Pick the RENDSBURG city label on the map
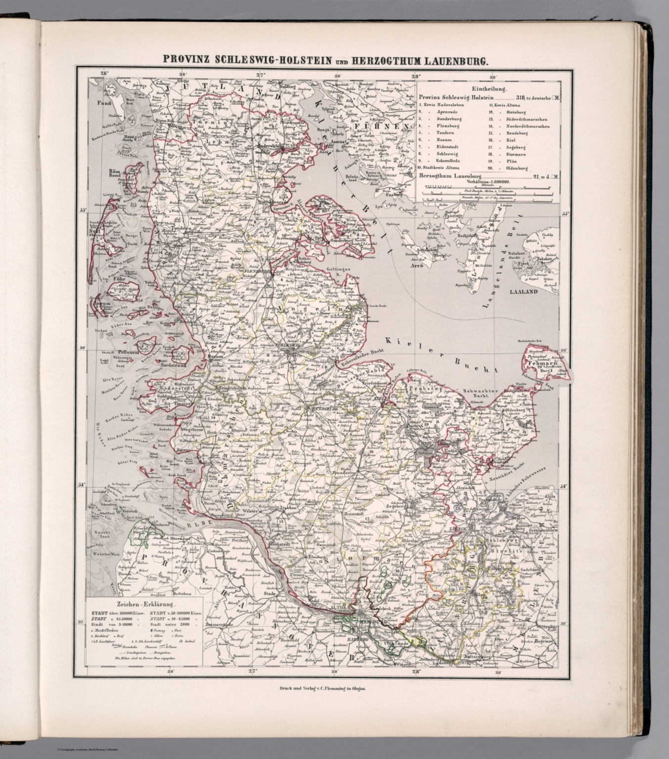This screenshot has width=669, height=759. (x=321, y=409)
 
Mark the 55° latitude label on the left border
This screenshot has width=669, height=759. (x=83, y=211)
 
